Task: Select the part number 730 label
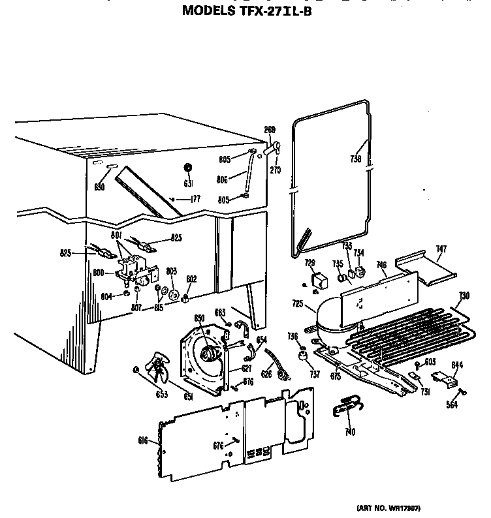(x=463, y=296)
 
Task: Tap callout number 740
(x=350, y=432)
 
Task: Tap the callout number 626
(x=267, y=374)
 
